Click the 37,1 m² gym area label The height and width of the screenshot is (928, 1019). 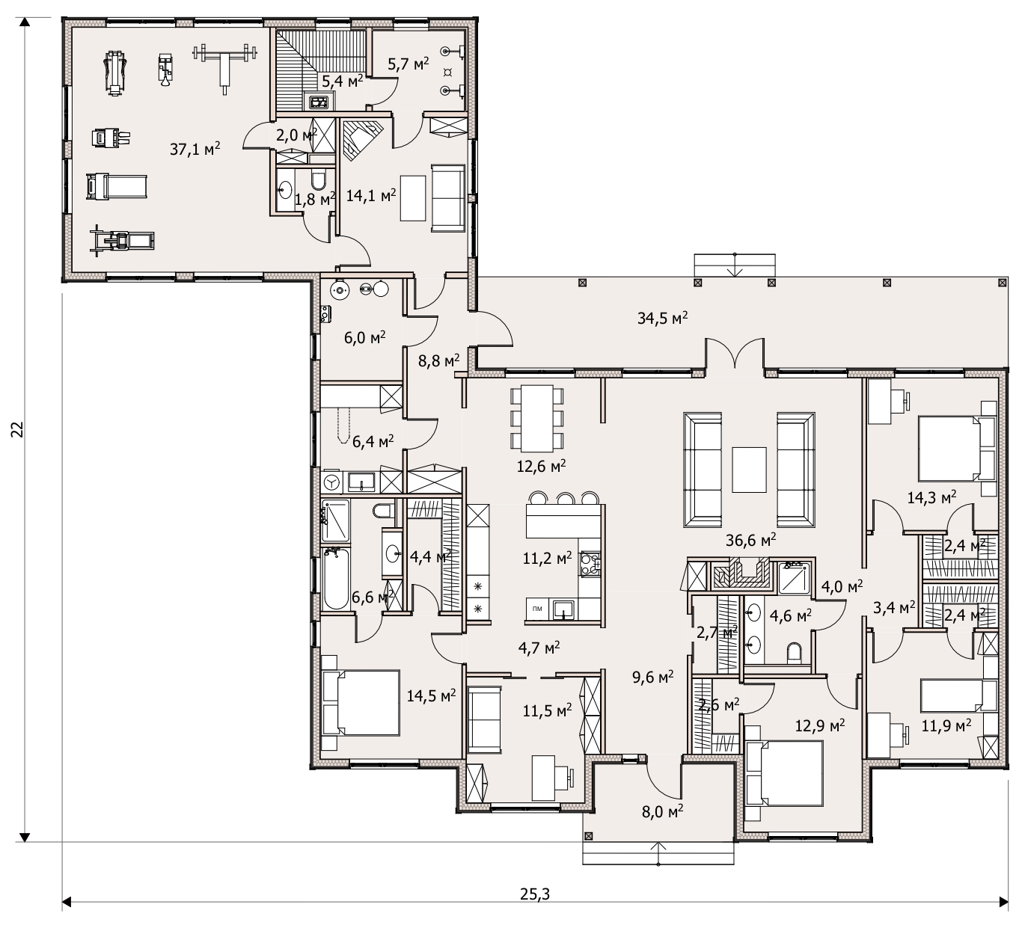coord(195,149)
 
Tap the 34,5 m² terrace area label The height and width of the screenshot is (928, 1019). coord(662,318)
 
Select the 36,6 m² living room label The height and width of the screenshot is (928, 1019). coord(751,540)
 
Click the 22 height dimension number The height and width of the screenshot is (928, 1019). coord(18,430)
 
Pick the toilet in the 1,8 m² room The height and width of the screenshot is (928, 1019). coord(319,180)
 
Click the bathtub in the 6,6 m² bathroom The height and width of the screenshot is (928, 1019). coord(336,578)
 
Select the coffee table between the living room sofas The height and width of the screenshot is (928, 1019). coord(749,470)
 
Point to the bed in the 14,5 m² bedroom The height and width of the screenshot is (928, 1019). coord(361,703)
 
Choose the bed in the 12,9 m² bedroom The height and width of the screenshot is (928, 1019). coord(783,774)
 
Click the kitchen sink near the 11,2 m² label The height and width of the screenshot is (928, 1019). coord(563,609)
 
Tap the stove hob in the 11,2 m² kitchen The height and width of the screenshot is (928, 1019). coord(590,565)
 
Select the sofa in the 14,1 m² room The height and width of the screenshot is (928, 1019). coord(448,198)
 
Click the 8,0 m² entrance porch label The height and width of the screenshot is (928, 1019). coord(662,811)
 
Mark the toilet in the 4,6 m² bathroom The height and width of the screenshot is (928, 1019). coord(794,653)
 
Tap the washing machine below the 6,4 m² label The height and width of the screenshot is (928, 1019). coord(332,482)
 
